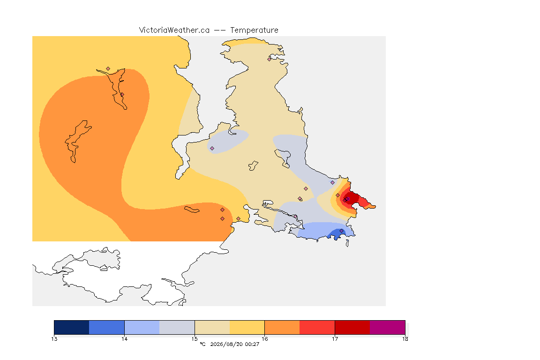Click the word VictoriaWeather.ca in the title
pos(174,30)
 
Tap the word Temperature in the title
pos(254,30)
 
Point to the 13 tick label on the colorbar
pos(54,339)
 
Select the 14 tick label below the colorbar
pos(124,339)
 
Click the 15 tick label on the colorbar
pos(195,339)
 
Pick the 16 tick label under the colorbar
pos(264,339)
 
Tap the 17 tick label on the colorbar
pos(335,339)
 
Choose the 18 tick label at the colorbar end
pos(405,339)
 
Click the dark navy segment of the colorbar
pos(72,327)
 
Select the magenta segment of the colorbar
pos(388,327)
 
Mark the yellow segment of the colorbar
pos(247,327)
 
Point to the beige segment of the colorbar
pos(212,327)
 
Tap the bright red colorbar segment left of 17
pos(317,327)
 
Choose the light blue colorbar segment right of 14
pos(142,327)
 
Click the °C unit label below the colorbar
pos(202,344)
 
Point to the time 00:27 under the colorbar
pos(252,344)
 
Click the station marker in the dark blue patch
pos(341,231)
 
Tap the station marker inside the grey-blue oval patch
pos(212,149)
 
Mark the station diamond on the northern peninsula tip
pos(270,59)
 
